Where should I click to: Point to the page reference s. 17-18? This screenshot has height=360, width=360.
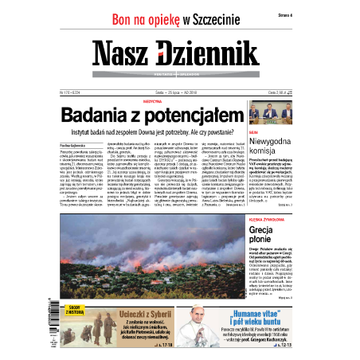(167, 347)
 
